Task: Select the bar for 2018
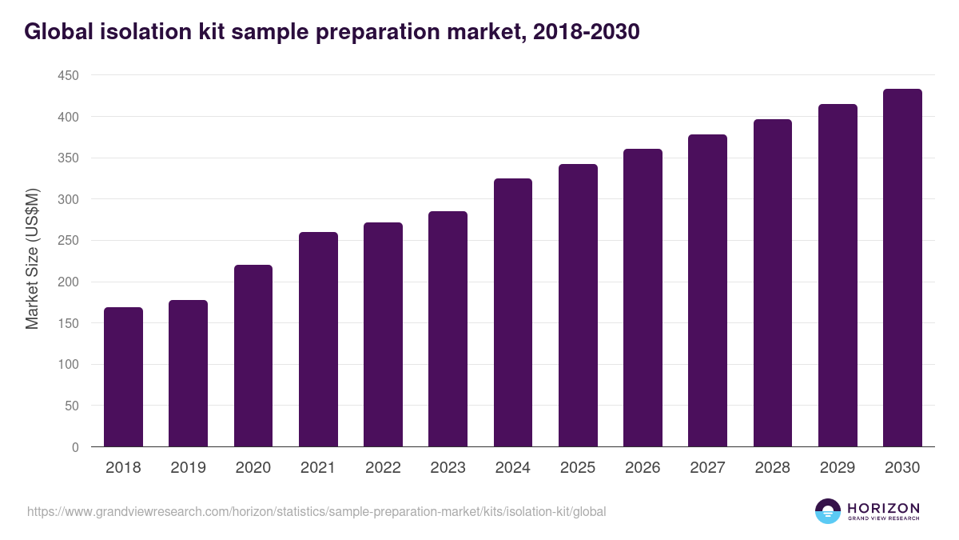[x=123, y=377]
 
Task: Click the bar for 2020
[x=253, y=356]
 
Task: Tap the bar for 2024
[x=513, y=313]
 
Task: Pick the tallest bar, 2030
[x=902, y=268]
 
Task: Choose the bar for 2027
[x=707, y=290]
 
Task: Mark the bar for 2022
[x=383, y=334]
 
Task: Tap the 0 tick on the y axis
[x=75, y=447]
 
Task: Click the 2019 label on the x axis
[x=188, y=468]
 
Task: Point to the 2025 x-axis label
[x=578, y=468]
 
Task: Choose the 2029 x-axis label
[x=838, y=468]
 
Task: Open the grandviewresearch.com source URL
[x=316, y=511]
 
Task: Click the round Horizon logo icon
[x=828, y=511]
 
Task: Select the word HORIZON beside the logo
[x=883, y=507]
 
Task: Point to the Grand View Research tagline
[x=883, y=519]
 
